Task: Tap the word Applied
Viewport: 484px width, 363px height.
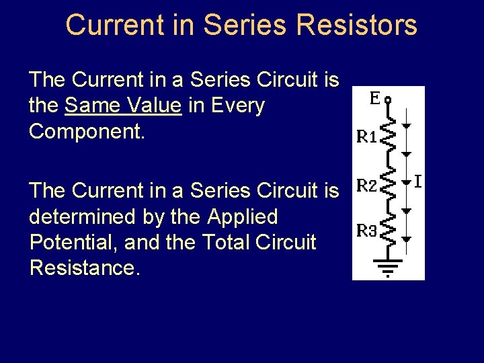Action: (x=242, y=217)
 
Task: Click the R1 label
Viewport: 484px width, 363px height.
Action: (x=367, y=138)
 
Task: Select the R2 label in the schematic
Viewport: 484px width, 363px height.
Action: (x=367, y=185)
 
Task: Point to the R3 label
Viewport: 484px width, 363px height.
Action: (x=367, y=231)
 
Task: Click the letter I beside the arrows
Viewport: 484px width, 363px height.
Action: (x=417, y=182)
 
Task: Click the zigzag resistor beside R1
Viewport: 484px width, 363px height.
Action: (x=389, y=137)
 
